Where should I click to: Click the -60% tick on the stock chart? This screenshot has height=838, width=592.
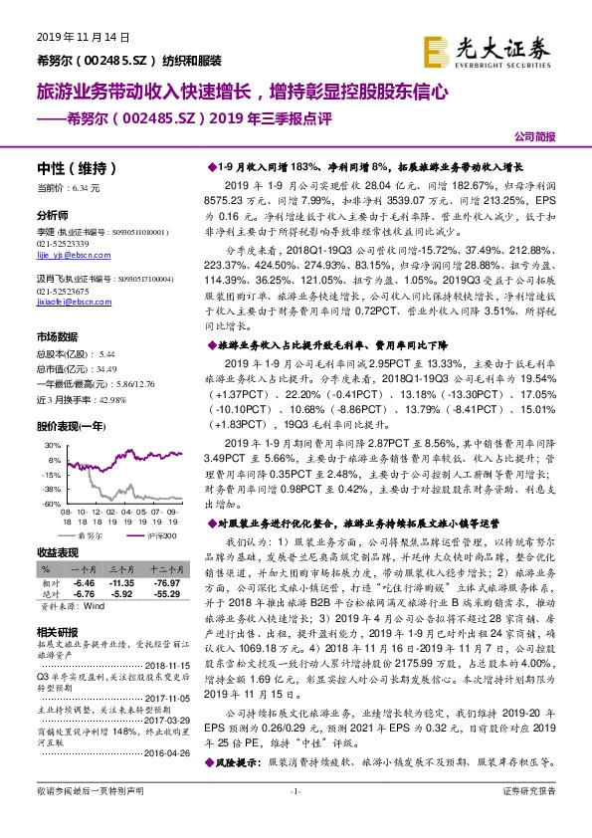[x=54, y=505]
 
